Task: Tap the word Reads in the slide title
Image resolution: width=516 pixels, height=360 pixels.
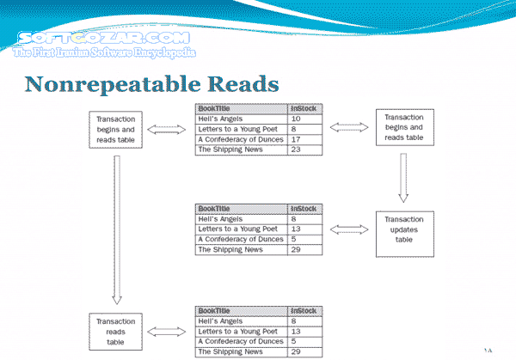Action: point(242,85)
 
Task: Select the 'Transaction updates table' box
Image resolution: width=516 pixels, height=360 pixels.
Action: point(404,231)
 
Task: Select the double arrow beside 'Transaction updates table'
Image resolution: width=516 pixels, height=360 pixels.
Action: point(349,230)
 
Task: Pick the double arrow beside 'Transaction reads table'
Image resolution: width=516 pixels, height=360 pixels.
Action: point(169,330)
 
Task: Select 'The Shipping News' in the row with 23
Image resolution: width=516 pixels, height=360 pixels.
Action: point(230,149)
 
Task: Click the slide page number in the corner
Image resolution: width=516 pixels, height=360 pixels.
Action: point(490,348)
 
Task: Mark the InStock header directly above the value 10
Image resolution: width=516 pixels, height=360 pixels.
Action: point(304,108)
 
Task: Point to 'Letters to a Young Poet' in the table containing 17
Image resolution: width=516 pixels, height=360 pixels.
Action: point(238,129)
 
